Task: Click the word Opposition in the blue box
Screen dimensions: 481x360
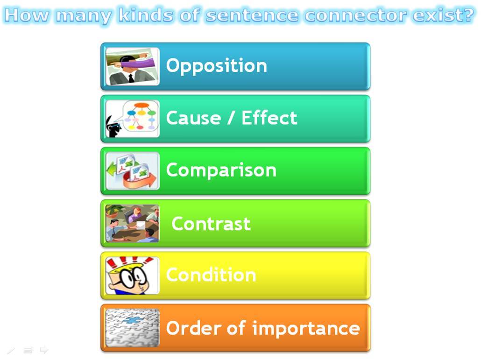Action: (217, 66)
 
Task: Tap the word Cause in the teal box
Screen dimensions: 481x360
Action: (193, 118)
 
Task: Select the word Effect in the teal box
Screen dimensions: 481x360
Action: (269, 118)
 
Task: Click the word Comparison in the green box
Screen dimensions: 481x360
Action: (221, 170)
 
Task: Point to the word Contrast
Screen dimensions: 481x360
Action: (211, 224)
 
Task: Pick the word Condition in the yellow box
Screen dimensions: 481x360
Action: (211, 275)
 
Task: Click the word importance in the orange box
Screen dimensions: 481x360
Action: (306, 329)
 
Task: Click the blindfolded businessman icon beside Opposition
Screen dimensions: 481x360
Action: (132, 67)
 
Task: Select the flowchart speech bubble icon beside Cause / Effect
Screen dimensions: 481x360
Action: (132, 119)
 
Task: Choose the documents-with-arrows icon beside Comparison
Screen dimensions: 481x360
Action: (132, 171)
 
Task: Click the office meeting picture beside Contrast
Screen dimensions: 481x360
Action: (132, 224)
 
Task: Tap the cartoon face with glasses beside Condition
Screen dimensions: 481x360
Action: (132, 275)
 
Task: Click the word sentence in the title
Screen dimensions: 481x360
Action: (252, 15)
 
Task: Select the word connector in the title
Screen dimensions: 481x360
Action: (356, 15)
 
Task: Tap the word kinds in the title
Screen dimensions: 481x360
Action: (146, 15)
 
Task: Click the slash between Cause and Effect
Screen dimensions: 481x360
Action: (232, 118)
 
